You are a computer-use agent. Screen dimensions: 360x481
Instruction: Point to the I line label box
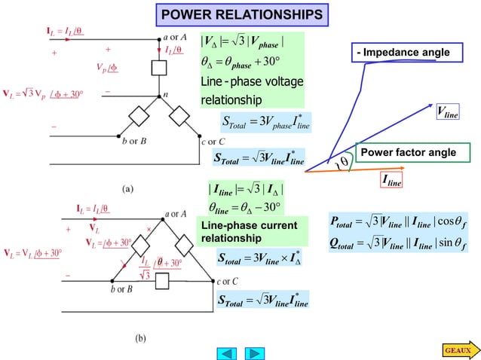tap(391, 181)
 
